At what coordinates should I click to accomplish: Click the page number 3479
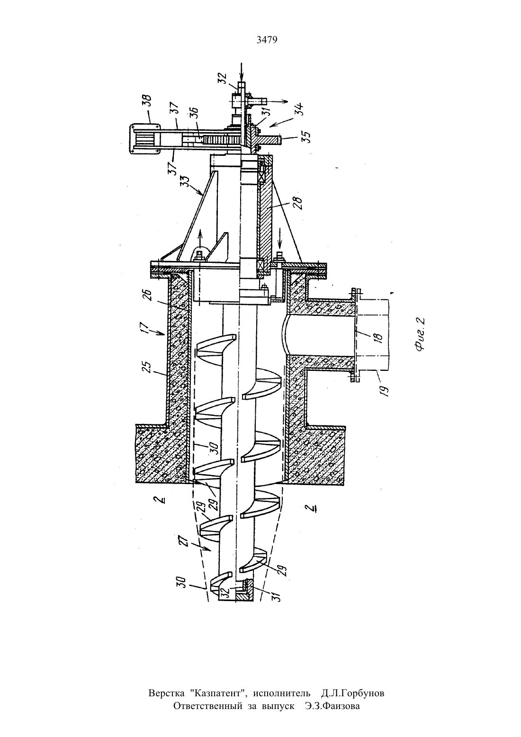pos(267,40)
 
